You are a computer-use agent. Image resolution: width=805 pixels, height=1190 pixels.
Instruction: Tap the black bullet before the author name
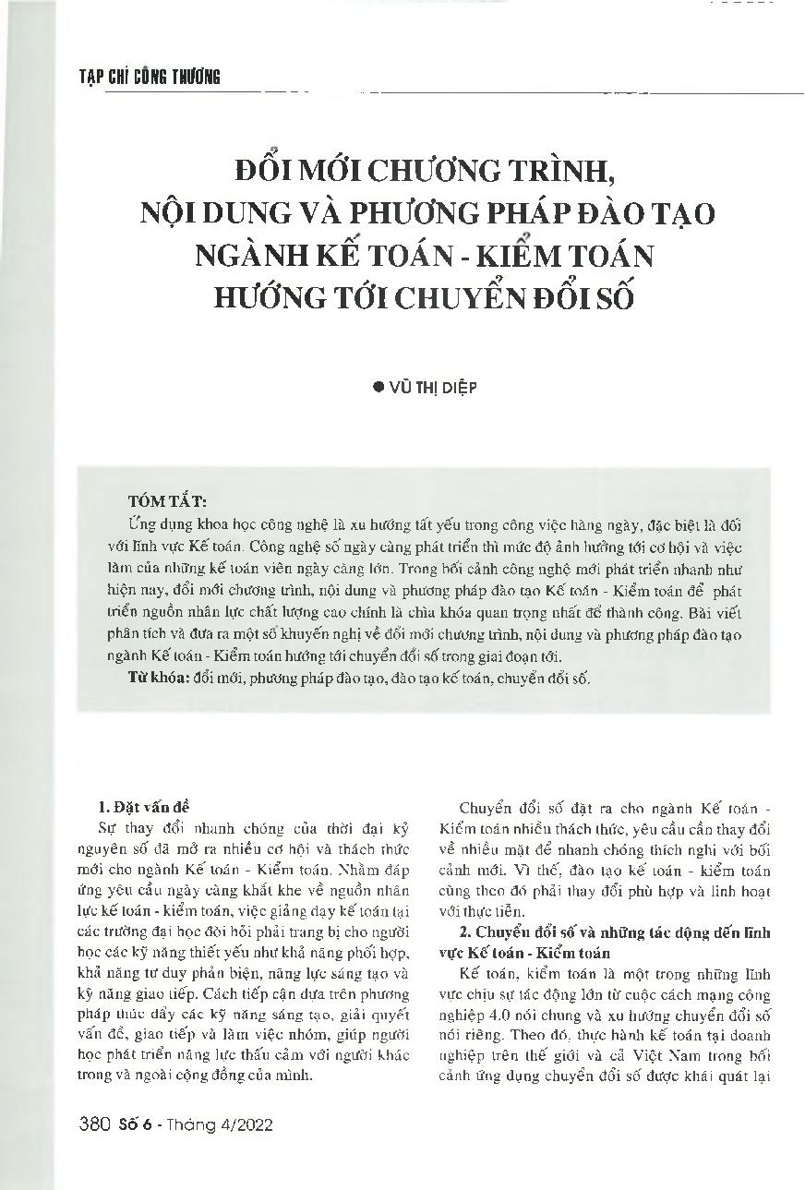coord(376,389)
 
